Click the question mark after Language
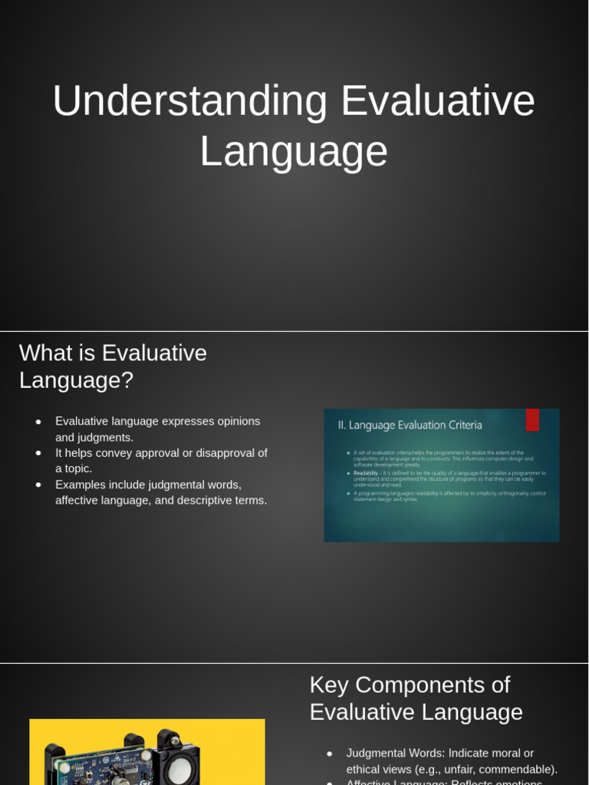tap(127, 380)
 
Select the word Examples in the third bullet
tap(80, 484)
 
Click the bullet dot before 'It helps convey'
tap(38, 453)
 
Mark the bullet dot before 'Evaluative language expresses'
tap(38, 422)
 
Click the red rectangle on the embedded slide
tap(531, 419)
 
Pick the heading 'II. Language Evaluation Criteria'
tap(410, 425)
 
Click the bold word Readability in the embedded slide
tap(365, 473)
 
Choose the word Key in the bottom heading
tap(330, 685)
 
